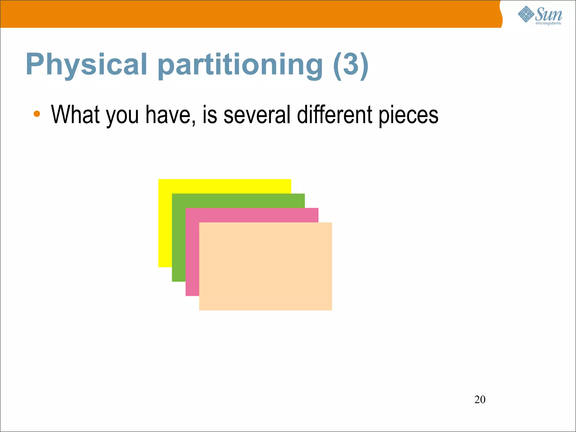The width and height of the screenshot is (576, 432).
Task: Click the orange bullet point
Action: pyautogui.click(x=37, y=114)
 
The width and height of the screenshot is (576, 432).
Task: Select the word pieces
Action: pyautogui.click(x=408, y=115)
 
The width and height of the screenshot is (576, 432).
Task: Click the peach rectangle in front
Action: pyautogui.click(x=265, y=266)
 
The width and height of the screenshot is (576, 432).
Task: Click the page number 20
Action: pyautogui.click(x=480, y=399)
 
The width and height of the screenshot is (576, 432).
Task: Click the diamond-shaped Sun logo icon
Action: pyautogui.click(x=526, y=14)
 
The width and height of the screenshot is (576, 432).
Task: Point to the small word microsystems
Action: pyautogui.click(x=548, y=23)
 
